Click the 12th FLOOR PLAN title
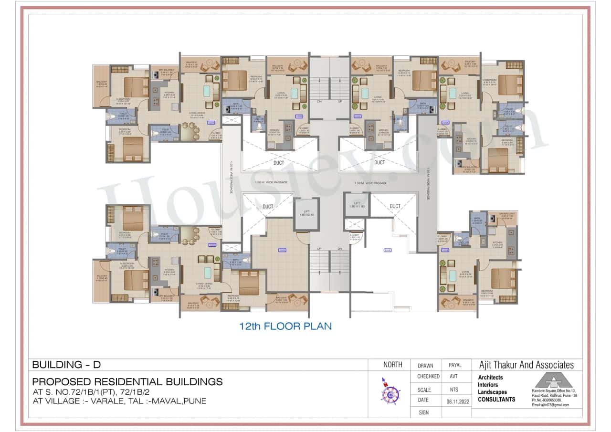285,327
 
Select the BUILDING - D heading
66,365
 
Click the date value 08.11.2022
455,400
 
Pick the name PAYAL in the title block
455,365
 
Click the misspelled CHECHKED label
429,377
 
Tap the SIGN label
424,411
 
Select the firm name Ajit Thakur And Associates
526,365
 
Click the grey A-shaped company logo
553,380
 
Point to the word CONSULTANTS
496,400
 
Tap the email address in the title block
550,405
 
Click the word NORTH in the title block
393,365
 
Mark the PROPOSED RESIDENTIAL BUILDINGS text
127,382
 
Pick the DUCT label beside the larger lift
268,206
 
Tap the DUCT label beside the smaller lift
395,206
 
